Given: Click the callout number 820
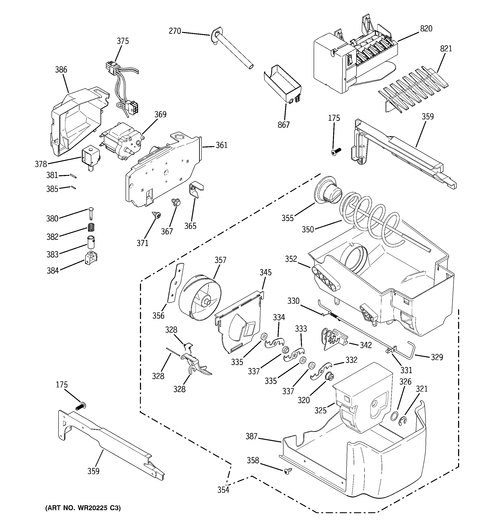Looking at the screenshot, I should point(426,28).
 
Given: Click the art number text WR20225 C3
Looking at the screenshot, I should point(83,508).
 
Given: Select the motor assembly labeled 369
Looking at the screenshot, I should point(122,141).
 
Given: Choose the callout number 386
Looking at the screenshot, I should point(61,70).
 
